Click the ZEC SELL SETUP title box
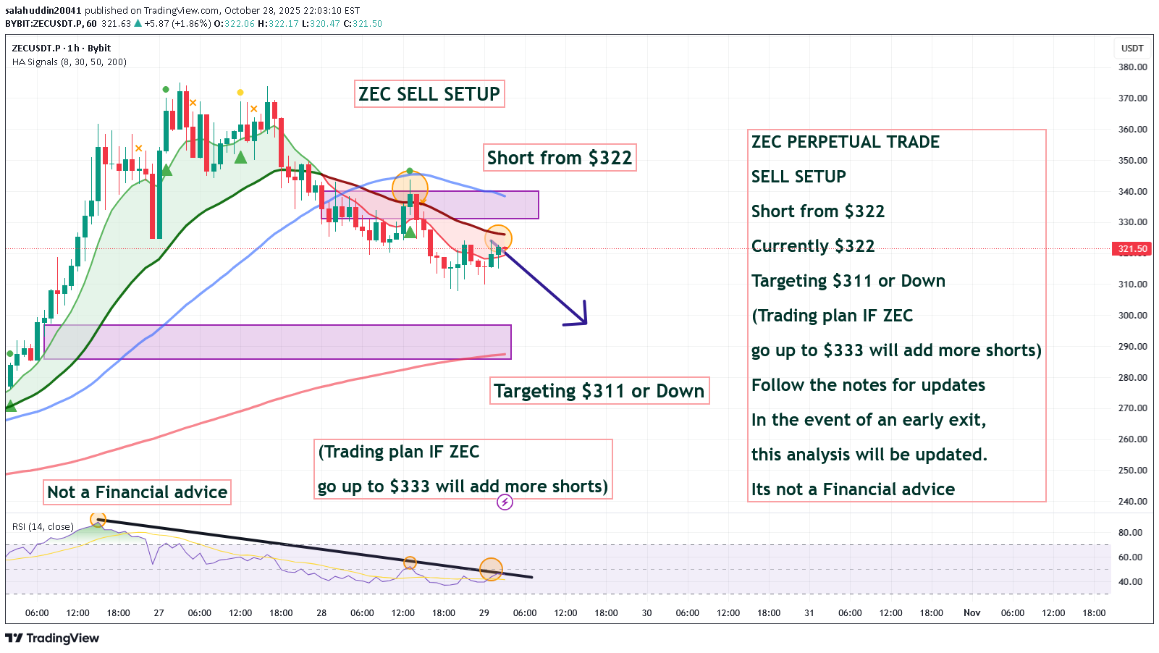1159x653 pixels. (x=429, y=94)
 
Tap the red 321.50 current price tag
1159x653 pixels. (x=1131, y=249)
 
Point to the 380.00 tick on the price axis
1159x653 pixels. (x=1133, y=67)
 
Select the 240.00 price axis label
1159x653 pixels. (x=1133, y=501)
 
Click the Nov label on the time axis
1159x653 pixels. (x=972, y=613)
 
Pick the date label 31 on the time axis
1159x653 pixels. (x=809, y=613)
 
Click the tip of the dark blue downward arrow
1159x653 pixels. (x=585, y=323)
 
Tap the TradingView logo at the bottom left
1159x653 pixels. (x=52, y=638)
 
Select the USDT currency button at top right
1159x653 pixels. (x=1132, y=49)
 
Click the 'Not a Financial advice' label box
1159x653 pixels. (x=138, y=492)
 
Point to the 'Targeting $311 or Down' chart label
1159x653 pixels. (x=599, y=391)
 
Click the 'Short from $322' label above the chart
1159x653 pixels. (x=560, y=158)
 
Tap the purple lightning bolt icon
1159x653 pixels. (x=505, y=502)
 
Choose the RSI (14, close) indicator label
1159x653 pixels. (x=43, y=526)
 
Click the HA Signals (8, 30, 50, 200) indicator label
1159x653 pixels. (x=69, y=62)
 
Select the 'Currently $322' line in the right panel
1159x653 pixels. (x=813, y=246)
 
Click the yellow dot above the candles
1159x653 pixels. (x=240, y=92)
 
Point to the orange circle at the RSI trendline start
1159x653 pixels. (x=98, y=519)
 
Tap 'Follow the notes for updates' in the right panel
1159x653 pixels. (x=868, y=385)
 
